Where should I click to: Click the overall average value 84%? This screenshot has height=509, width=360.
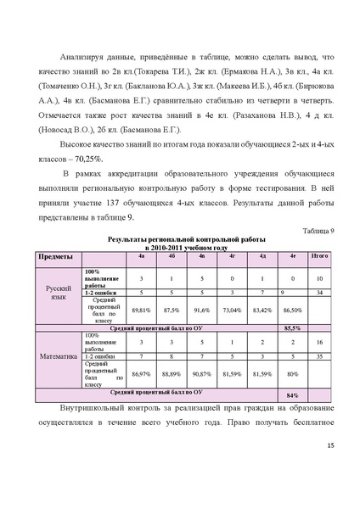[x=293, y=395]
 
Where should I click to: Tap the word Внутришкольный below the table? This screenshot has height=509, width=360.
[x=95, y=410]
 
